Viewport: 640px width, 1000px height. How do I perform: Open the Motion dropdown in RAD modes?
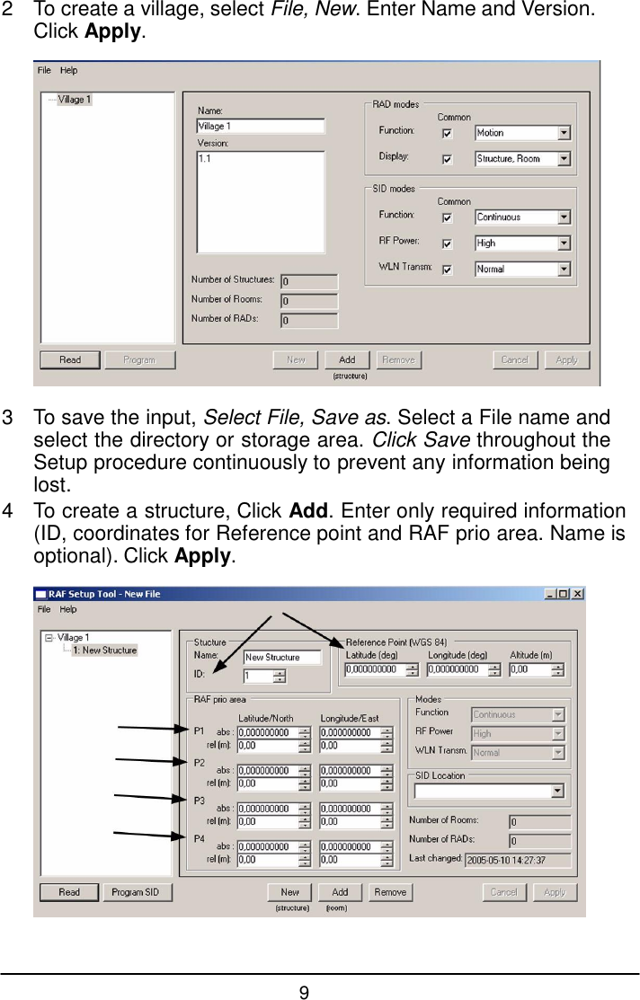click(x=522, y=133)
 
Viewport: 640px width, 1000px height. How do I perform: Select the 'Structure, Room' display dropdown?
click(x=522, y=159)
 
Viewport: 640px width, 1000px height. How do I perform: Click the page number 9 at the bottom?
click(x=305, y=992)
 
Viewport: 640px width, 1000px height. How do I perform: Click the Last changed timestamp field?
click(x=518, y=860)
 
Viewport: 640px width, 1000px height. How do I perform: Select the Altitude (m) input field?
click(x=537, y=669)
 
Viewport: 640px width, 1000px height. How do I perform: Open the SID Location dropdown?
click(x=488, y=792)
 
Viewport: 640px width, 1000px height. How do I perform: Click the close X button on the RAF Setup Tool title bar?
click(x=577, y=594)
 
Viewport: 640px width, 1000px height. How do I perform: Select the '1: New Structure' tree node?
click(x=104, y=650)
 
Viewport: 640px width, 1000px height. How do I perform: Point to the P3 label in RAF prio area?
click(x=200, y=801)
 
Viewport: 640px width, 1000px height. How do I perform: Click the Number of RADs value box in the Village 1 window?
click(x=309, y=321)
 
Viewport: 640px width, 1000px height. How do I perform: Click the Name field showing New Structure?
click(x=282, y=658)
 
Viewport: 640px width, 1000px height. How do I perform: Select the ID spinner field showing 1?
click(x=264, y=677)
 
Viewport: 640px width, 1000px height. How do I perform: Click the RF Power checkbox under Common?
click(x=447, y=243)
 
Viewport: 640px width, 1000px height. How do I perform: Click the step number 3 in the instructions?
click(x=8, y=420)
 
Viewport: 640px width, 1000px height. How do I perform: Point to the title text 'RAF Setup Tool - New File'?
click(x=104, y=594)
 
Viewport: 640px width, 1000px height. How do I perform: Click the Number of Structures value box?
click(x=309, y=282)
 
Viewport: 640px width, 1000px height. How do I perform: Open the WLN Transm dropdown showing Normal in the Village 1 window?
click(x=522, y=270)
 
